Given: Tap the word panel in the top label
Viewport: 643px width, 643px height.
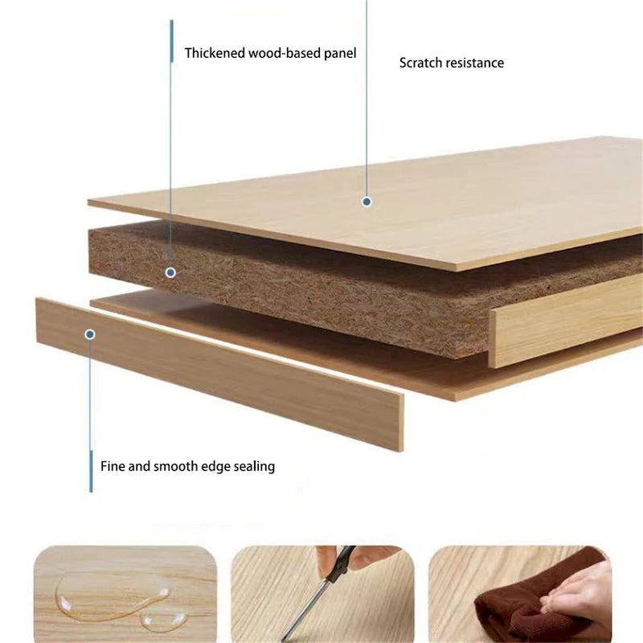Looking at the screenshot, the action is point(340,54).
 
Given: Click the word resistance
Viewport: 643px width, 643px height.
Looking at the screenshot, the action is point(475,63).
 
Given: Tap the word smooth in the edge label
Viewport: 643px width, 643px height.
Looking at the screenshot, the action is point(172,466).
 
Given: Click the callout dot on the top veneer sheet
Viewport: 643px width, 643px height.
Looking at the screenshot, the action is point(367,202).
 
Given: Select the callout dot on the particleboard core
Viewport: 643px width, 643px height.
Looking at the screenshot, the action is point(170,272).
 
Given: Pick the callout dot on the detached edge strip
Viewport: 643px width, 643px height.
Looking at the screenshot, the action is point(90,334).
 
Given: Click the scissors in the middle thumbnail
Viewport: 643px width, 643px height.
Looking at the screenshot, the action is point(317,596).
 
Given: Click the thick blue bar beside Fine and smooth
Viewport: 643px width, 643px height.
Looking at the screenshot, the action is point(91,471).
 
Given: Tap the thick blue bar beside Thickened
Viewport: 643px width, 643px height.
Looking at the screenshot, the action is point(172,41).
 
